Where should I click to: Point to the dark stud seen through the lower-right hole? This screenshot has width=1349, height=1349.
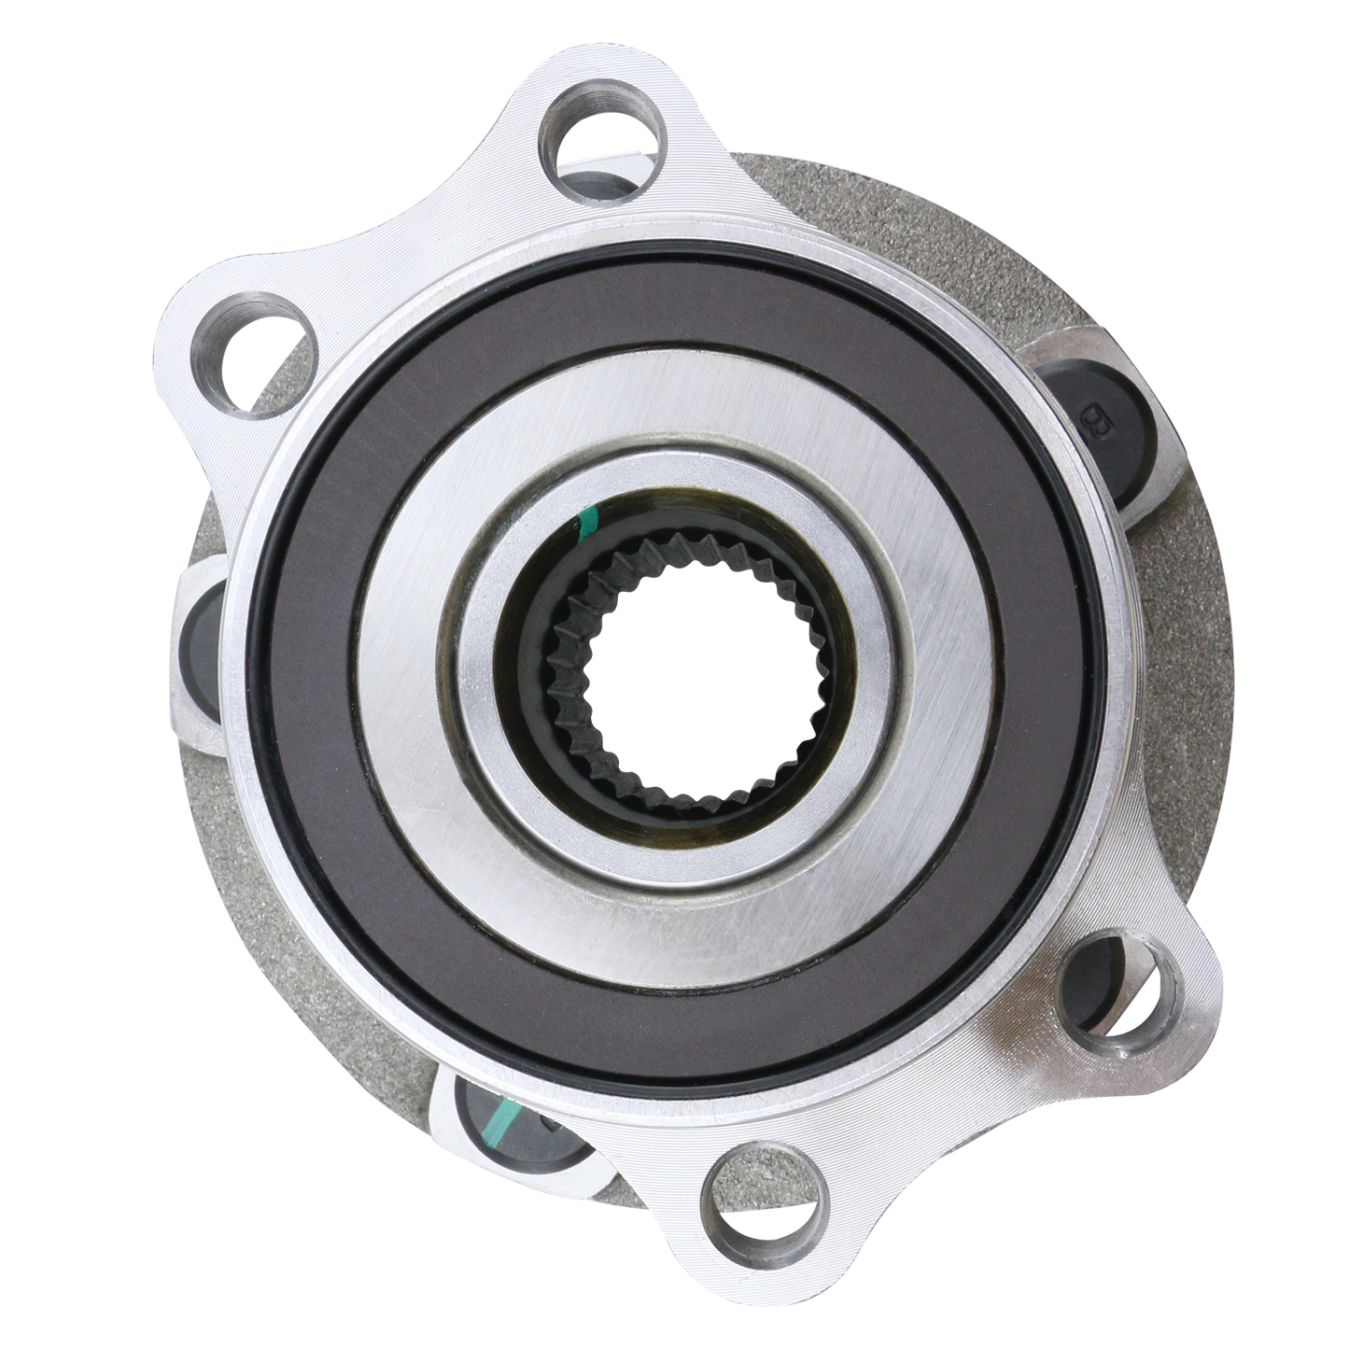[1102, 971]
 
